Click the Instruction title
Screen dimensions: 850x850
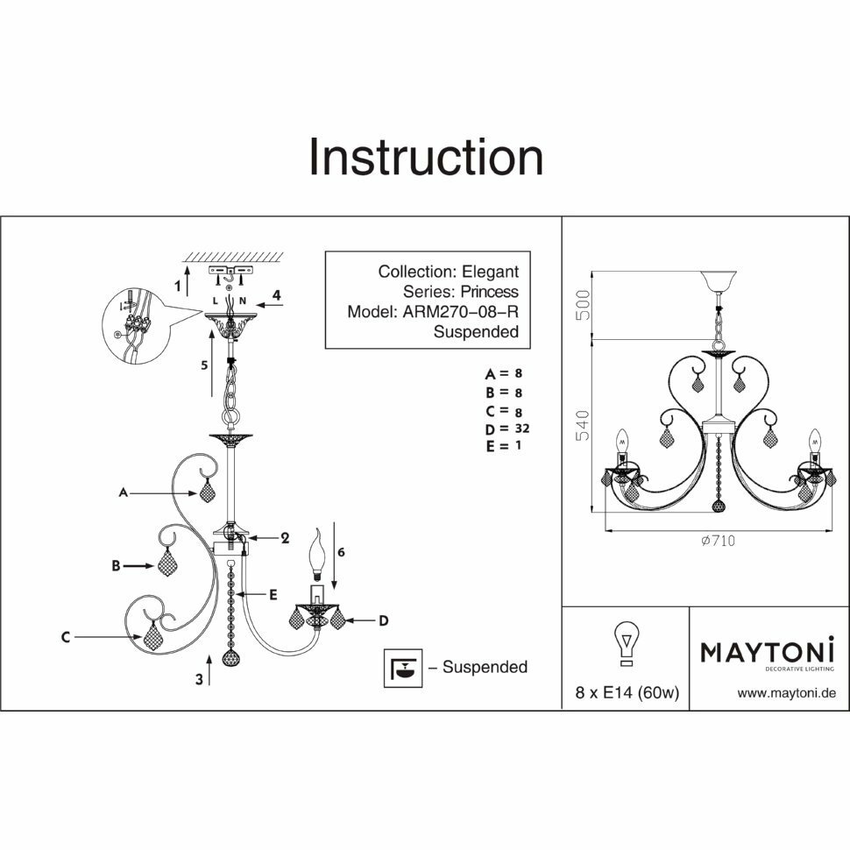coord(426,158)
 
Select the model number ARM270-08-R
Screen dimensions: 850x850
coord(460,311)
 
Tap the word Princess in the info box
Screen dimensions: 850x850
coord(484,292)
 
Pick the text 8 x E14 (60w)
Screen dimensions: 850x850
coord(627,693)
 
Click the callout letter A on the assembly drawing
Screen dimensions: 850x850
coord(124,494)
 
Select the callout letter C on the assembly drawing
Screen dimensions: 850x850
coord(66,638)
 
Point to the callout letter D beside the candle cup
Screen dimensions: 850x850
coord(383,621)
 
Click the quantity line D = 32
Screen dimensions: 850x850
coord(508,429)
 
